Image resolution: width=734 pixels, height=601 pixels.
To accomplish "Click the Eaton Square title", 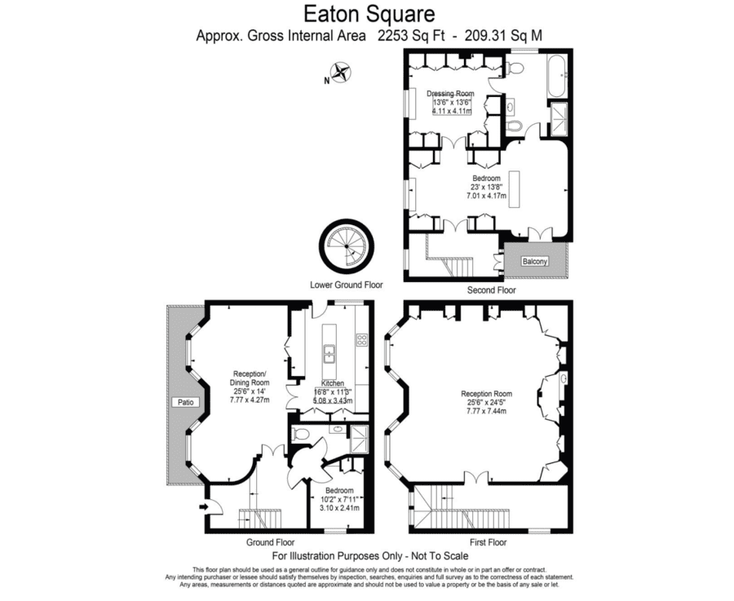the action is point(369,14).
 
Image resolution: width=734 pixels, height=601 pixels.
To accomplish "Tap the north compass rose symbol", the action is point(341,73).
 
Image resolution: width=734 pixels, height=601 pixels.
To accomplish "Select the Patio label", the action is point(185,402).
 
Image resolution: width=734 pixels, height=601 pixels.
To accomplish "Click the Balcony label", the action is point(534,262).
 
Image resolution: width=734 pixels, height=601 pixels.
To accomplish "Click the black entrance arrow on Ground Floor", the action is point(204,506).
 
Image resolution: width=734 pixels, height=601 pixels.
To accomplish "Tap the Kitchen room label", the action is point(333,383).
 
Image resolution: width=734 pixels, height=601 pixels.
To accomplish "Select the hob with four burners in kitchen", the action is point(361,340).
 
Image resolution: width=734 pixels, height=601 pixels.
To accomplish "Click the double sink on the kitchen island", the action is point(330,353).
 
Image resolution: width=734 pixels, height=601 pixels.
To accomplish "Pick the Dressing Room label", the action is point(450,94).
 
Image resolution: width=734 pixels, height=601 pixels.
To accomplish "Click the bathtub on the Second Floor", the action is point(558,77).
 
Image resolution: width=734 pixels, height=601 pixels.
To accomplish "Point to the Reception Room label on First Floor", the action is point(486,394).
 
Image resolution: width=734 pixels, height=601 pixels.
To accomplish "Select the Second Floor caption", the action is point(492,290).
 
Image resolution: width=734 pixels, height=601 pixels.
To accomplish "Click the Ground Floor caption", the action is point(271,542).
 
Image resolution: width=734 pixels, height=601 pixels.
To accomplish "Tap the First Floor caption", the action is point(489,542).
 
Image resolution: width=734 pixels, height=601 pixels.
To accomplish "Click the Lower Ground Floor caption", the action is point(347,285).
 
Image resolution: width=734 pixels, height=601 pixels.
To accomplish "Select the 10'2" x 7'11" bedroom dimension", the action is point(339,499).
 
